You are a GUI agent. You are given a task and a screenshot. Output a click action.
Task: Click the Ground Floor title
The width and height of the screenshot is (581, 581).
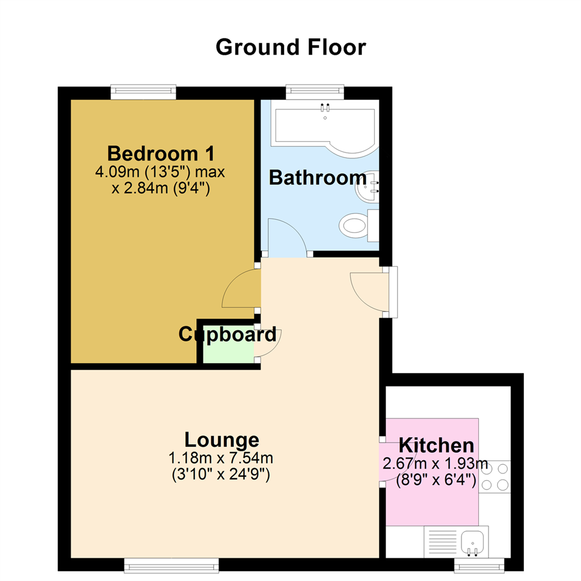[290, 47]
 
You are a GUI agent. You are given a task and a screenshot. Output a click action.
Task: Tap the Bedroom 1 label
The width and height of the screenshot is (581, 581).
[161, 153]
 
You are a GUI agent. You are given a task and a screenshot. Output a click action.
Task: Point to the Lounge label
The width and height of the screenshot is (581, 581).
[222, 440]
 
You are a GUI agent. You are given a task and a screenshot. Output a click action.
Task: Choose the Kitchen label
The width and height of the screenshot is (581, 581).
[436, 445]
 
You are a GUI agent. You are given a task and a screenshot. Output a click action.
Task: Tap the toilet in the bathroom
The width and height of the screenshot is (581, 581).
[355, 225]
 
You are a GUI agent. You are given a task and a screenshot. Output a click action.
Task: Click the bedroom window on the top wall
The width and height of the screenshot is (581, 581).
[144, 92]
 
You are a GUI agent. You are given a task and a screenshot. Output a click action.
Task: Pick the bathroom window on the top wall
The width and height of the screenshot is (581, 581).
[315, 92]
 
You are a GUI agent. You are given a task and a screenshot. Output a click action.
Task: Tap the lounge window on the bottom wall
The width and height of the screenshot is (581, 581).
[172, 564]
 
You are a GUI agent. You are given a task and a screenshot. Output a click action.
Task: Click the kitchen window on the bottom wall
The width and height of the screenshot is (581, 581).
[479, 564]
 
